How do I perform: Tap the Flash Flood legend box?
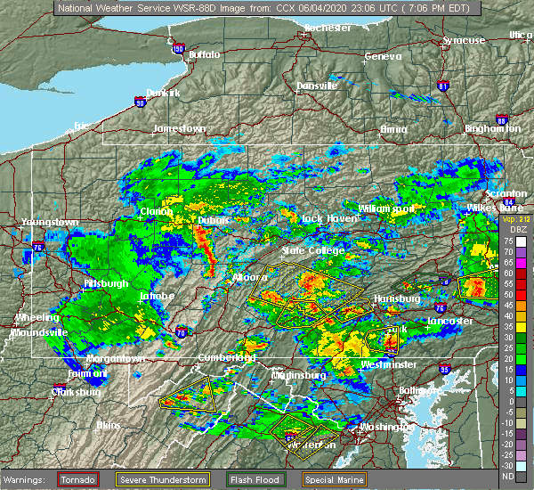[x=247, y=478]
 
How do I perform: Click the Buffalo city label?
[x=203, y=55]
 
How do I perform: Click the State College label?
[x=305, y=251]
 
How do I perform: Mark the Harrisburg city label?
[x=398, y=298]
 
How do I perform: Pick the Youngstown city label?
[x=52, y=222]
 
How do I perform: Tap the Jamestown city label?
[x=179, y=128]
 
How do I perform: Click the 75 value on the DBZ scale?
[x=506, y=241]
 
